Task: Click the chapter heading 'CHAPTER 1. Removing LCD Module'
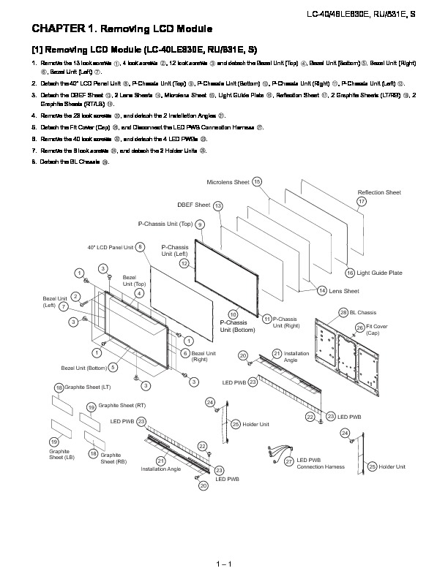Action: pyautogui.click(x=122, y=29)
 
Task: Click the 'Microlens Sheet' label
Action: pyautogui.click(x=228, y=181)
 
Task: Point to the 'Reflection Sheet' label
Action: pyautogui.click(x=378, y=192)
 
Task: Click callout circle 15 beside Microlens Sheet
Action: pyautogui.click(x=257, y=181)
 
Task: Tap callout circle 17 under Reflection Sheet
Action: pyautogui.click(x=362, y=201)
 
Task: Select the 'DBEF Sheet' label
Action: pyautogui.click(x=193, y=205)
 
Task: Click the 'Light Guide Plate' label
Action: pyautogui.click(x=379, y=273)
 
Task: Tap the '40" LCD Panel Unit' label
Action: pyautogui.click(x=111, y=247)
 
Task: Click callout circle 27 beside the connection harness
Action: pyautogui.click(x=289, y=462)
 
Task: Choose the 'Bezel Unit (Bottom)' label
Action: pyautogui.click(x=85, y=368)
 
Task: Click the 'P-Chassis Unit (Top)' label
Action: pyautogui.click(x=165, y=224)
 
